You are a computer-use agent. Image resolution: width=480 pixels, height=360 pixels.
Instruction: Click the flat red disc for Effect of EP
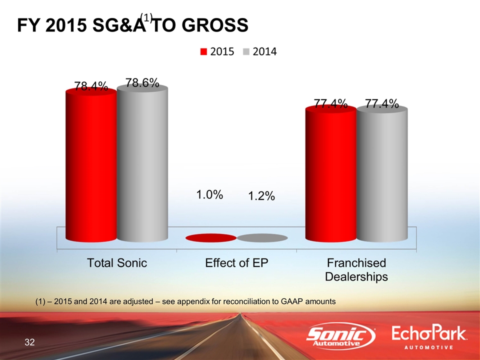(210, 238)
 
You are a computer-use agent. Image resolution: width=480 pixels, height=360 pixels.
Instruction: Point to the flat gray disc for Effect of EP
(262, 238)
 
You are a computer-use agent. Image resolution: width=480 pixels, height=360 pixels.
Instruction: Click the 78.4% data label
(91, 86)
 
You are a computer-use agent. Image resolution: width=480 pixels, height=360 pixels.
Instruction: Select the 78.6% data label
(142, 83)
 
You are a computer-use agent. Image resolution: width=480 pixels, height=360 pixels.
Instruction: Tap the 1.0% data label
(208, 194)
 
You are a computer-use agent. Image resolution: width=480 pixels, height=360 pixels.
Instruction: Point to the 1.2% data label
(261, 197)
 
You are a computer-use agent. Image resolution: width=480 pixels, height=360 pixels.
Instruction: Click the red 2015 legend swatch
(204, 52)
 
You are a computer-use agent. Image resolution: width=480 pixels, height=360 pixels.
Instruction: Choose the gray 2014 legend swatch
(246, 52)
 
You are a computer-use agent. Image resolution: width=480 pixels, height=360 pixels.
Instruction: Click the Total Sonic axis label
(117, 263)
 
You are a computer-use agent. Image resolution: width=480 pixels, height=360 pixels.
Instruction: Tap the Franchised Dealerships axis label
(356, 269)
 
